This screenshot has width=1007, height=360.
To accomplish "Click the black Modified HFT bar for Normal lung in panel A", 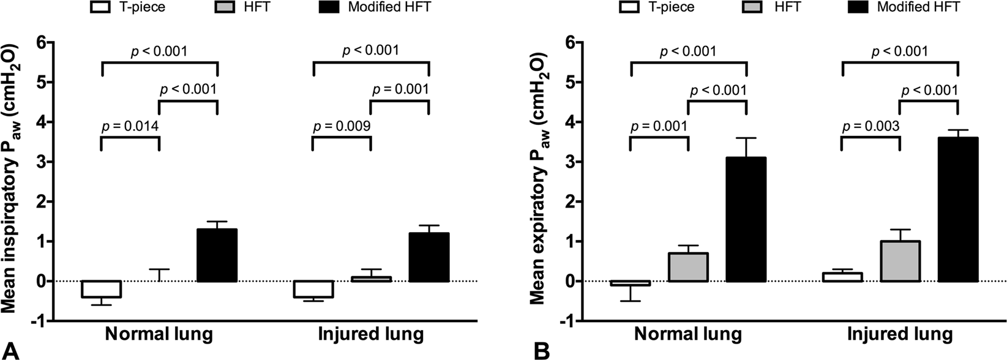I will (217, 255).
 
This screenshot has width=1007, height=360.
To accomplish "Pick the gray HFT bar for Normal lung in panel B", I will (688, 267).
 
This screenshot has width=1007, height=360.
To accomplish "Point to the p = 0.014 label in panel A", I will (130, 127).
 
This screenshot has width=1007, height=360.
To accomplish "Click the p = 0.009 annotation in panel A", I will (342, 127).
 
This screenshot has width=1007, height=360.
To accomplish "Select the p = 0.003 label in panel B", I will (871, 127).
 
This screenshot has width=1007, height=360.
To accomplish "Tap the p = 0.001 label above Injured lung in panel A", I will (400, 89).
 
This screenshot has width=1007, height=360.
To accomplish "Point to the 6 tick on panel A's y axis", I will (41, 43).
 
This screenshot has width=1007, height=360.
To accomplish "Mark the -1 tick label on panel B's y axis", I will (567, 321).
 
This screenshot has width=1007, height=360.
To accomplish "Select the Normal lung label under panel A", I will (159, 335).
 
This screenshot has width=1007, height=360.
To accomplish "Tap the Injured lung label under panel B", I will (900, 335).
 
